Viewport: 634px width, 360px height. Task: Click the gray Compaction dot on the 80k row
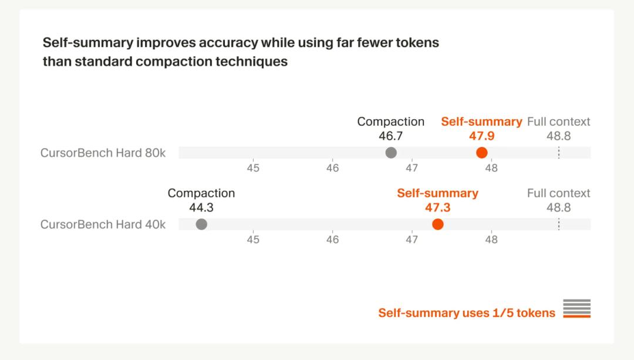pyautogui.click(x=391, y=153)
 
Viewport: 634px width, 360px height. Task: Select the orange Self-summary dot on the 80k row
pyautogui.click(x=482, y=153)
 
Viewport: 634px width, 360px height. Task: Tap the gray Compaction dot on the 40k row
pyautogui.click(x=201, y=224)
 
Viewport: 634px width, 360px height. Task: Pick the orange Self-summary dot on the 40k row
pyautogui.click(x=437, y=224)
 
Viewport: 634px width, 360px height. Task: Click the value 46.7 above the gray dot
pyautogui.click(x=391, y=136)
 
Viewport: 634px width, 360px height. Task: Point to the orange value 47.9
pyautogui.click(x=481, y=136)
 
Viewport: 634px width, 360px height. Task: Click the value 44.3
pyautogui.click(x=201, y=207)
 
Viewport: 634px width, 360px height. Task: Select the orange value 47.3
pyautogui.click(x=437, y=207)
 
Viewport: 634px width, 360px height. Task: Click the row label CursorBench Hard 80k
pyautogui.click(x=103, y=153)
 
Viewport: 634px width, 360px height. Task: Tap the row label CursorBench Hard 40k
pyautogui.click(x=103, y=224)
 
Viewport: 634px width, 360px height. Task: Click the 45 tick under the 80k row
pyautogui.click(x=253, y=168)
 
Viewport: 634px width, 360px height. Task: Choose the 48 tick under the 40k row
pyautogui.click(x=491, y=239)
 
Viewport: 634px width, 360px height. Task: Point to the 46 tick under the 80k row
pyautogui.click(x=332, y=168)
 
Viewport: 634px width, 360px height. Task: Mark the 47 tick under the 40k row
pyautogui.click(x=412, y=239)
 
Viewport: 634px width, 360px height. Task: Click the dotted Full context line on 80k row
pyautogui.click(x=559, y=153)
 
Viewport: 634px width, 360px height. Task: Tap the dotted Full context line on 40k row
pyautogui.click(x=559, y=224)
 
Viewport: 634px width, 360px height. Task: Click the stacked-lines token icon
pyautogui.click(x=576, y=308)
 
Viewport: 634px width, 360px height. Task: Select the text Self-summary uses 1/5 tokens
pyautogui.click(x=467, y=312)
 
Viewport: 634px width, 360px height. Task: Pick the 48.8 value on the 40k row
pyautogui.click(x=559, y=207)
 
